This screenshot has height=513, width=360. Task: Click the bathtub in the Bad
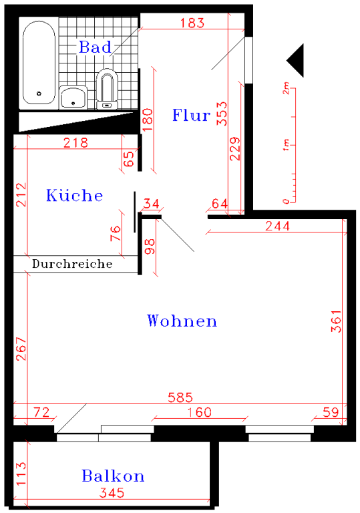39,62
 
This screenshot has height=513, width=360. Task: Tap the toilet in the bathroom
107,89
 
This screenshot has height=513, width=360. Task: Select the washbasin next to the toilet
73,97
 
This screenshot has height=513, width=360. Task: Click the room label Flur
192,115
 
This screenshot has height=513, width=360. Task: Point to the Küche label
74,195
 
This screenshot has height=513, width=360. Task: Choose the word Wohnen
182,321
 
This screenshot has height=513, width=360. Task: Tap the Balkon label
113,476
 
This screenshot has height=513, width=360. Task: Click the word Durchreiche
72,264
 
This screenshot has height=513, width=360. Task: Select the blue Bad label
96,47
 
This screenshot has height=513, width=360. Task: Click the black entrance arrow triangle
295,61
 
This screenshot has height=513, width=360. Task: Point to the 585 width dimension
180,397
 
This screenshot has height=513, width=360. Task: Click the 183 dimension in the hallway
192,23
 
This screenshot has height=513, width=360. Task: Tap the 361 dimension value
336,321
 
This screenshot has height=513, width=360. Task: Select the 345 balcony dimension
112,493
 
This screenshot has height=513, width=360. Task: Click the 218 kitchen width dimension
75,143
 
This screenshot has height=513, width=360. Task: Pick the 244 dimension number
278,226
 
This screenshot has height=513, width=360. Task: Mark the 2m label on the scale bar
286,88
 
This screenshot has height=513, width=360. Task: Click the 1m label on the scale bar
286,145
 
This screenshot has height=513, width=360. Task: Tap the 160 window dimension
199,412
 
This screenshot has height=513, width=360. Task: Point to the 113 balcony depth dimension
21,474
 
